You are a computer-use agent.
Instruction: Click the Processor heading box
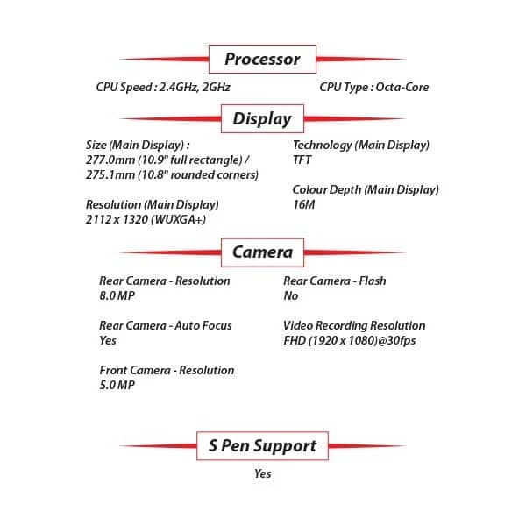point(262,59)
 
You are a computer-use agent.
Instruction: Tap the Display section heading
point(262,118)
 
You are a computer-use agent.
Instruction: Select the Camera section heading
point(262,252)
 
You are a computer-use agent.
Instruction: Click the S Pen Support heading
point(262,446)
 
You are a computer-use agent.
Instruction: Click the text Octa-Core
point(402,87)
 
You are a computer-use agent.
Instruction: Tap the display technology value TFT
point(302,160)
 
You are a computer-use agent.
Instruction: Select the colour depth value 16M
point(303,204)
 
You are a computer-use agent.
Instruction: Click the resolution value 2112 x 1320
point(117,219)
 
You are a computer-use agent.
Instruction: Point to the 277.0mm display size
point(110,160)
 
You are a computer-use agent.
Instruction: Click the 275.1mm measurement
point(110,174)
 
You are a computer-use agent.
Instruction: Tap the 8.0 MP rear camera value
point(117,296)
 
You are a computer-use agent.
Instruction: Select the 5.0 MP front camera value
point(117,385)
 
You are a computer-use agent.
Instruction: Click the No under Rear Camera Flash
point(291,296)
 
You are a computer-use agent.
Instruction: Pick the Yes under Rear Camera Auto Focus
point(108,340)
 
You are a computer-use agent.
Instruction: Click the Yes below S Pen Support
point(263,473)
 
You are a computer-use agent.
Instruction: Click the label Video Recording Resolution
point(354,326)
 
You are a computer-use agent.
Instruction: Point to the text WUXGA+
point(179,220)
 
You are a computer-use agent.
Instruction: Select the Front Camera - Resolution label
point(167,370)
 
